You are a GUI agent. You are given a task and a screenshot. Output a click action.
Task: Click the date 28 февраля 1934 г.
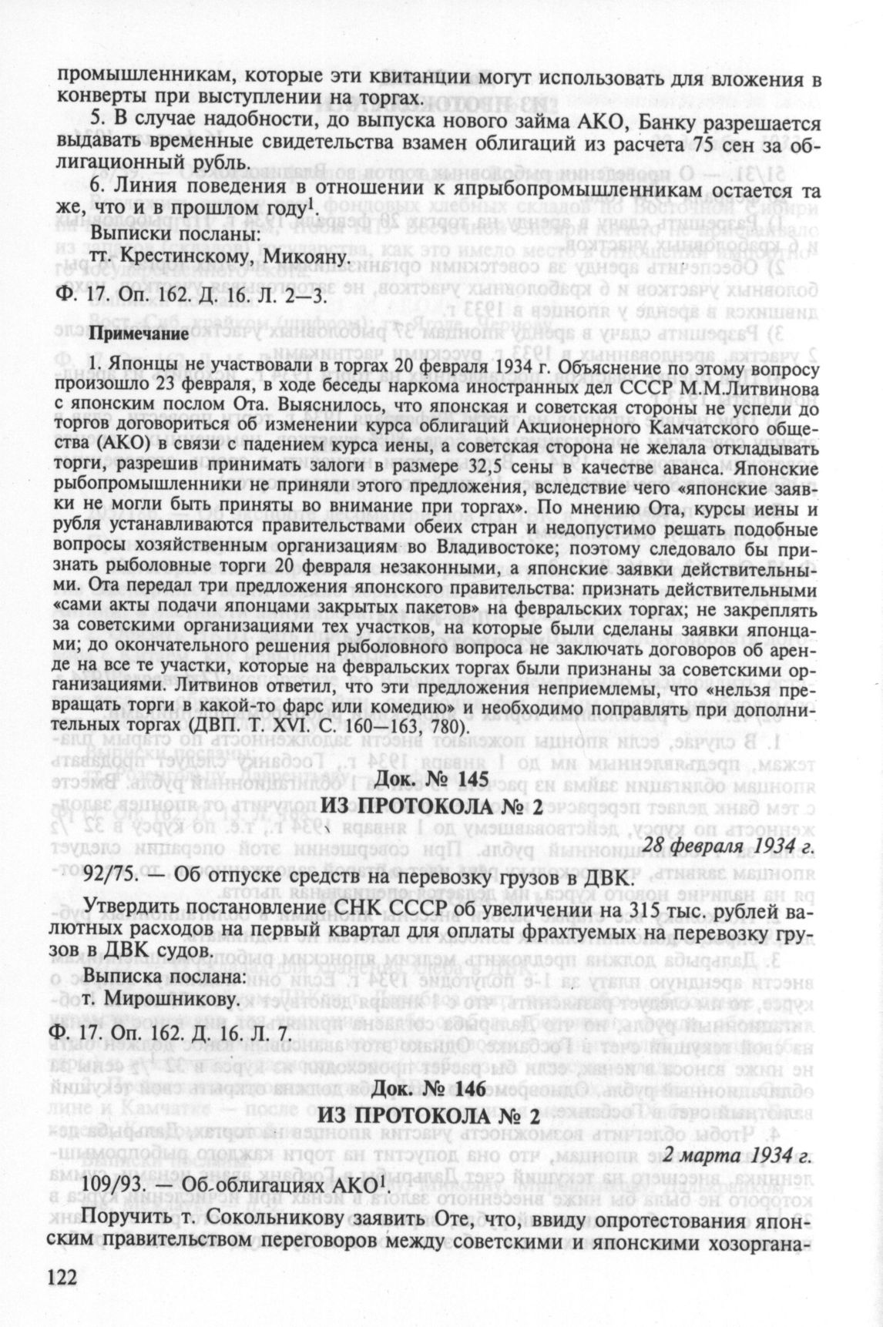(x=729, y=844)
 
